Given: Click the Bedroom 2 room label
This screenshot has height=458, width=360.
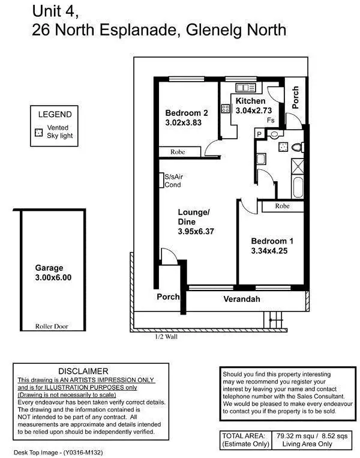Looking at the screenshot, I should pos(187,113).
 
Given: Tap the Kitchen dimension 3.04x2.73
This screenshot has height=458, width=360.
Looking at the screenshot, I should pos(254,110).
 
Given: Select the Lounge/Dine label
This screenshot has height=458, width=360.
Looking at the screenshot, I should pos(194,217).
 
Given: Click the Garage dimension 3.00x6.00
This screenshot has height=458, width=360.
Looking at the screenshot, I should pos(53,278).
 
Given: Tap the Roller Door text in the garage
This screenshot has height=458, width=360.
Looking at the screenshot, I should pos(52,327).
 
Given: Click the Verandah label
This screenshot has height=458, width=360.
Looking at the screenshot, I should pos(242,299).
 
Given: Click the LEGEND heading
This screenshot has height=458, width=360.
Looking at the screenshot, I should pos(55,114).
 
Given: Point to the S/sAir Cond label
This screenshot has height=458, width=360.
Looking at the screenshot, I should pos(173,181).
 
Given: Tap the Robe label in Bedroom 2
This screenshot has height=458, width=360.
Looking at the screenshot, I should pos(178,152).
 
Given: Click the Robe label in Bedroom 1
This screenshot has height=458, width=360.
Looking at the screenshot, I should pos(282,206).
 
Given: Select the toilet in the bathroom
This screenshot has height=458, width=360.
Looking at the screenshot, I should pos(296,146).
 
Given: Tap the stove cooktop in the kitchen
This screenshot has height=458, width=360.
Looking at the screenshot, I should pos(226,109).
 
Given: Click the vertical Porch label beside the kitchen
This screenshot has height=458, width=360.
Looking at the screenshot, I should pos(295,98).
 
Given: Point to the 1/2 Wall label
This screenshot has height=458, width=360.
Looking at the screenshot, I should pos(166,337).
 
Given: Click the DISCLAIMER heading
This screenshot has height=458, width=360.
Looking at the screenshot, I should pos(83,371).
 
